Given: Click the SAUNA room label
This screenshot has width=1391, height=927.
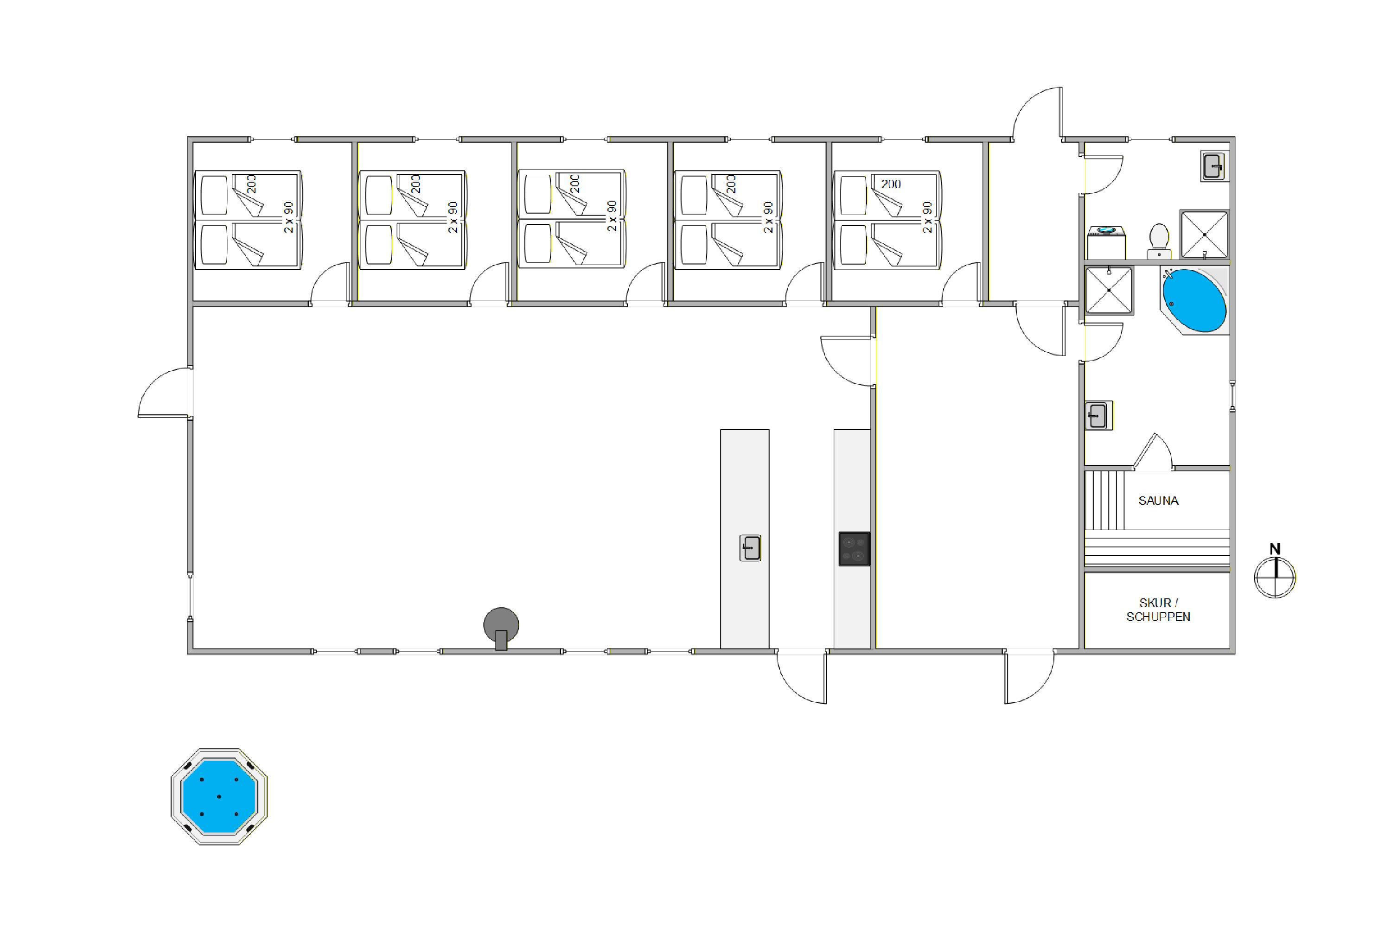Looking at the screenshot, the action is coord(1158,501).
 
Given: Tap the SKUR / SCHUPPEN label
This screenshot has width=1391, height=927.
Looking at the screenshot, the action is coord(1158,610).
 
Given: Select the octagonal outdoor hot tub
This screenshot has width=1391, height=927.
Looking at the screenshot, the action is coord(219,796).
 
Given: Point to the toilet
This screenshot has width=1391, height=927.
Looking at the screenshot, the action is coord(1159,241).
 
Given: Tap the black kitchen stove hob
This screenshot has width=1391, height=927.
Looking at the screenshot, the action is coord(854,549).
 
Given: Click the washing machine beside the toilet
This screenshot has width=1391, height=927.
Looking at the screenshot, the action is coord(1106,242).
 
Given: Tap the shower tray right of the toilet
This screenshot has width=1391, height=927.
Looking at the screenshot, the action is coord(1204,234).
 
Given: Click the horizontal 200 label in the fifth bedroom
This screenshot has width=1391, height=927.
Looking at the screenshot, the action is coord(891,184).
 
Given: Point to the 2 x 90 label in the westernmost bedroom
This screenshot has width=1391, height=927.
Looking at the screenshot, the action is coord(288,217).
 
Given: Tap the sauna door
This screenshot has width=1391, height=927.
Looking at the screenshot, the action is coord(1153,452).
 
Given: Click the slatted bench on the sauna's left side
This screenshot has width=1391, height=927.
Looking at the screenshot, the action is coord(1105,500).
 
